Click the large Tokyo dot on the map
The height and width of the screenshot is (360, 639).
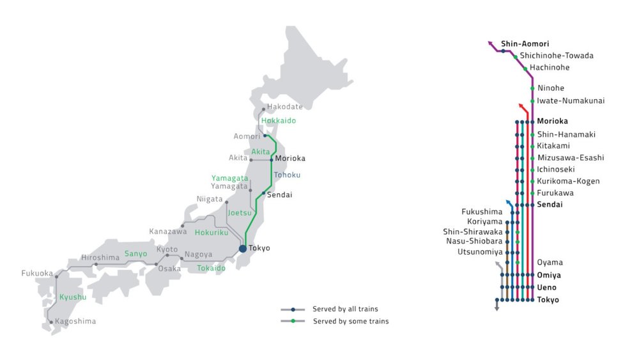click(243, 249)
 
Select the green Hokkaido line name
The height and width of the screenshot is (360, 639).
click(279, 120)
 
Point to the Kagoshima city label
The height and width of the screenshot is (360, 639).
click(75, 321)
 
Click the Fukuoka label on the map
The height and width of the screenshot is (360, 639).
click(37, 273)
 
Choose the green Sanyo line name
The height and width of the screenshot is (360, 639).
click(135, 253)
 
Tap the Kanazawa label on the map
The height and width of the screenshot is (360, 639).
click(168, 231)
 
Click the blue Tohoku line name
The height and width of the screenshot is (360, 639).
click(286, 175)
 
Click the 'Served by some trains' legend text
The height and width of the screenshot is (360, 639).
click(351, 321)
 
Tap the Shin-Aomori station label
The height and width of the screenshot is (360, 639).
click(525, 44)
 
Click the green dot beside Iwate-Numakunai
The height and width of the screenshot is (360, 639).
click(532, 101)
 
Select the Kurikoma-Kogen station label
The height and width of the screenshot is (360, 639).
click(568, 181)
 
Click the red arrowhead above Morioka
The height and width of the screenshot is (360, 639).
click(521, 106)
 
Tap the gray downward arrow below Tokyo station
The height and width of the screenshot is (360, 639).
click(497, 308)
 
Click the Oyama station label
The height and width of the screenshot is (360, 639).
click(550, 262)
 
